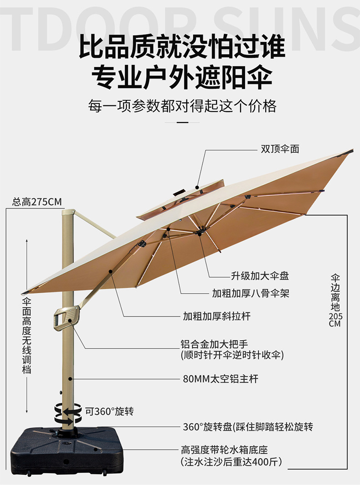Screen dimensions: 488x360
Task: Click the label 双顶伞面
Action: tap(280, 149)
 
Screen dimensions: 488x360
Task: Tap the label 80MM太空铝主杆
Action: tap(221, 379)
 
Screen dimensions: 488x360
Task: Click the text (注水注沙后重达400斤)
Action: tap(231, 462)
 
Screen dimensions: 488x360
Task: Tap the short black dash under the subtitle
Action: tap(182, 123)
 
